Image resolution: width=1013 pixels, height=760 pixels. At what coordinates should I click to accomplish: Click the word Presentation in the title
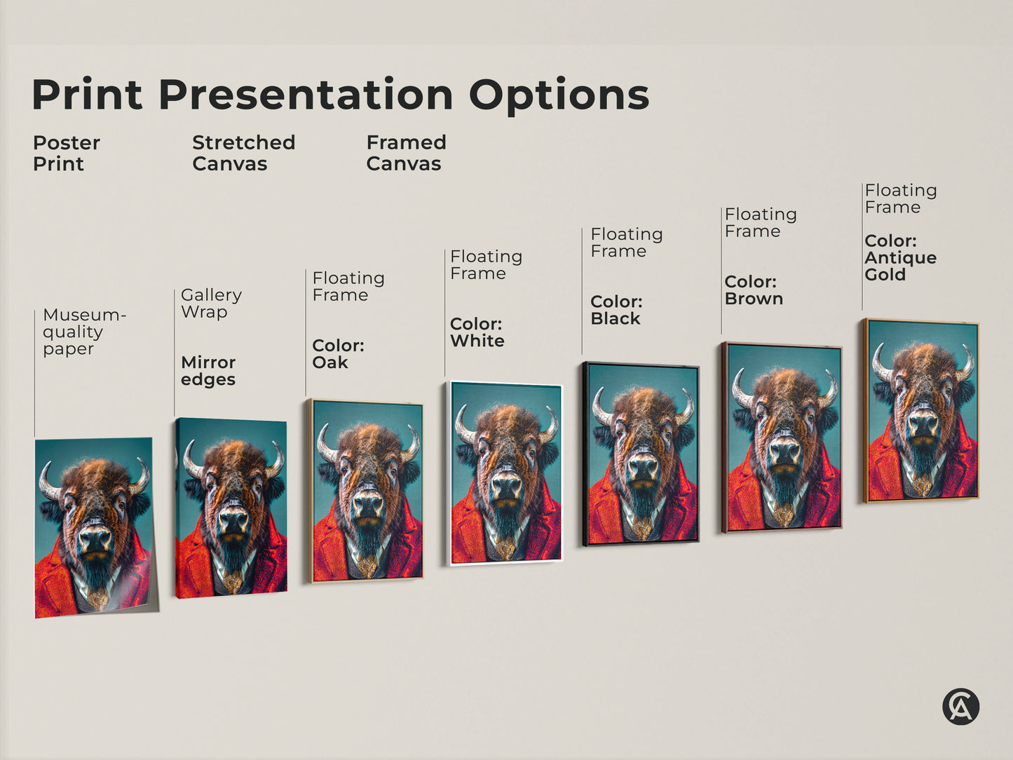(306, 95)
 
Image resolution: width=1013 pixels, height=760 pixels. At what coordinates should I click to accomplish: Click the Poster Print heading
(66, 153)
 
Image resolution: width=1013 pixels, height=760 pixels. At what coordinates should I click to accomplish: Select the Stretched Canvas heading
(243, 153)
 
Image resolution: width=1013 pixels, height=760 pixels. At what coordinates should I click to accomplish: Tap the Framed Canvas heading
(406, 153)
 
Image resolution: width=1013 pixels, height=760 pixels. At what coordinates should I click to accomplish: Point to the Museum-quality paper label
(83, 332)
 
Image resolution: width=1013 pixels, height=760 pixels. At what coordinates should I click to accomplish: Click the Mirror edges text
(208, 371)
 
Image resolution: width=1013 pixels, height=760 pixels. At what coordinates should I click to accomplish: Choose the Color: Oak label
(338, 354)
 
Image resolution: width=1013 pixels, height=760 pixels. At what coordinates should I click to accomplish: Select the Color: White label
(477, 332)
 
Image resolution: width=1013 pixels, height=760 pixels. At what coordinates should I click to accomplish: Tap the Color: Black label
(616, 310)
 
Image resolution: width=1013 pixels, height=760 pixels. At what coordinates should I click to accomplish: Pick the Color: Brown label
(754, 290)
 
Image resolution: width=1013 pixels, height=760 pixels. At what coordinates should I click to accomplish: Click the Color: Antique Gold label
(900, 257)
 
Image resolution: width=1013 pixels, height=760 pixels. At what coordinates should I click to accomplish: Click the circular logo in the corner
(960, 706)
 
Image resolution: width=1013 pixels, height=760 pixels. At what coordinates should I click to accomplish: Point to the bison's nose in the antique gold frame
(923, 423)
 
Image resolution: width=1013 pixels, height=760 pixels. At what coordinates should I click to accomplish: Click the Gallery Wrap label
(211, 304)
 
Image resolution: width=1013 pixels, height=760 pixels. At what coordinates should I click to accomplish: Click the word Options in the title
(559, 95)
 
